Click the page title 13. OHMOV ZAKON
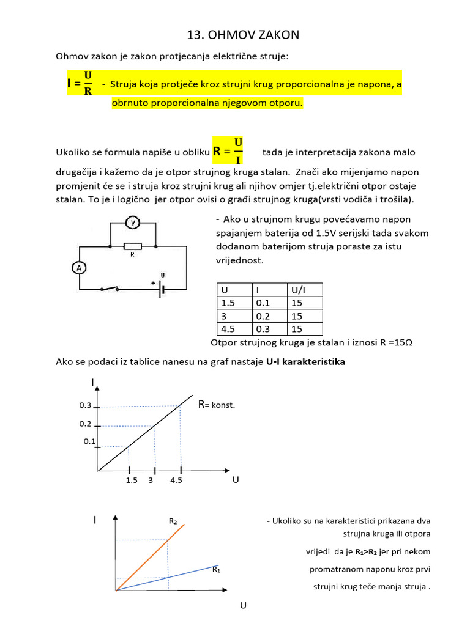coord(243,35)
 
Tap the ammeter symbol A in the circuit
coord(78,268)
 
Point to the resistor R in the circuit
coord(132,247)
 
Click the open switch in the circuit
coord(110,289)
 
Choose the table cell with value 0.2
coord(261,316)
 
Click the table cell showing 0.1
coord(261,303)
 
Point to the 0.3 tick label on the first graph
coord(85,405)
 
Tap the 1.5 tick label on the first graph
coord(131,481)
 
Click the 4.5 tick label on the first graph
coord(176,481)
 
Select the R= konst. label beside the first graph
coord(216,405)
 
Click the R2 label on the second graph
coord(173,521)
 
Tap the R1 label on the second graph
coord(216,570)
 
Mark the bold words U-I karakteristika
coord(305,362)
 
